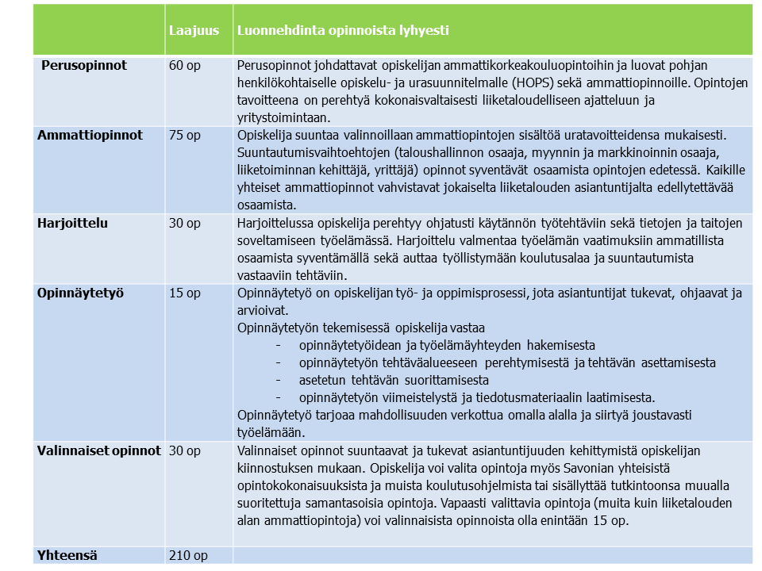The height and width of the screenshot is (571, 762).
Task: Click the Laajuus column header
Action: pos(188,31)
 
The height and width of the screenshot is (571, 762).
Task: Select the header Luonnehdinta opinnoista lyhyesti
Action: pos(343,31)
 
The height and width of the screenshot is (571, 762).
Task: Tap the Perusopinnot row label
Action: pos(84,65)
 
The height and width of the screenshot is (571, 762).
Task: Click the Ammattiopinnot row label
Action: pos(90,135)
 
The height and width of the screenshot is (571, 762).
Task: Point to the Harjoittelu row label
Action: pos(72,223)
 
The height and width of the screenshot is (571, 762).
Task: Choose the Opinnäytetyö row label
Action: pos(80,293)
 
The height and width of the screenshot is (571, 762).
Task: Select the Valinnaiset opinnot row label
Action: pos(98,450)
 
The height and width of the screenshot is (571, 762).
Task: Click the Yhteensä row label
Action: pos(67,555)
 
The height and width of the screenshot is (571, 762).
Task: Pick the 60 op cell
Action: pos(185,65)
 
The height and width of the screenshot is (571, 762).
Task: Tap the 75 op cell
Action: pos(185,135)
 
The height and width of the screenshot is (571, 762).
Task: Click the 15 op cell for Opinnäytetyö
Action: pos(185,293)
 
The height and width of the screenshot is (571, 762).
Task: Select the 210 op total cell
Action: pos(188,555)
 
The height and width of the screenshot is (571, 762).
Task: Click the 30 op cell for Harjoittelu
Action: pos(185,223)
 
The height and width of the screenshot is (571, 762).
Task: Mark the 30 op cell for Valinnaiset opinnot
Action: pos(185,450)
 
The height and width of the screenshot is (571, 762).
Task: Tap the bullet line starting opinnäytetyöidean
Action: pos(447,345)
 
